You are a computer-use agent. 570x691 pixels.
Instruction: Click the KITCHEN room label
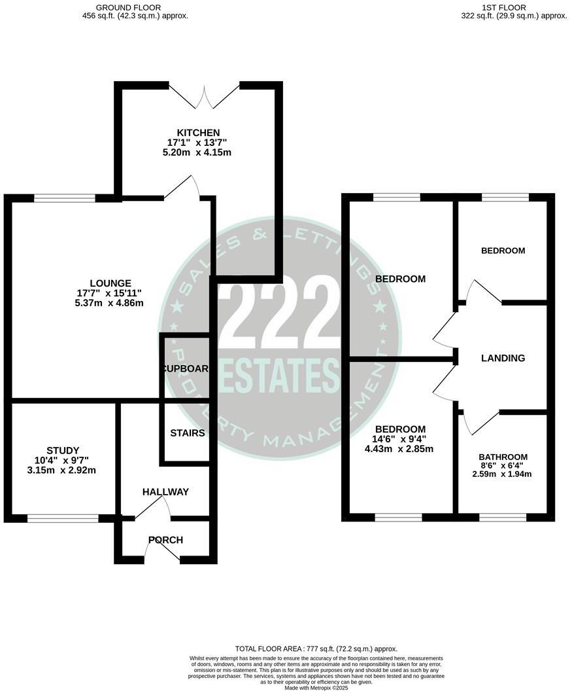click(x=197, y=132)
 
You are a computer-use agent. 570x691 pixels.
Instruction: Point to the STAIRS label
click(x=188, y=433)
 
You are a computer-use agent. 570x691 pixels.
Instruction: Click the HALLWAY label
click(x=166, y=492)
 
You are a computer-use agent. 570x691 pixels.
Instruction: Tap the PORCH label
click(x=165, y=540)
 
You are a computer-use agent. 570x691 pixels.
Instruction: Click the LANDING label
click(x=503, y=358)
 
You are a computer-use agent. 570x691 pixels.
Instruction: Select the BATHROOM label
click(x=503, y=457)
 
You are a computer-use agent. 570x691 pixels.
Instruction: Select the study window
click(x=63, y=518)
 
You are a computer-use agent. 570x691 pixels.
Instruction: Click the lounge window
click(x=65, y=198)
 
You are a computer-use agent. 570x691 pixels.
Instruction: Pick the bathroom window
click(x=503, y=518)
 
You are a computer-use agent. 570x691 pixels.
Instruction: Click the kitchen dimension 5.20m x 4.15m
click(x=197, y=153)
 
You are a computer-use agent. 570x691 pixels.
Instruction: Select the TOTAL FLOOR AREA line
click(x=317, y=648)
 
